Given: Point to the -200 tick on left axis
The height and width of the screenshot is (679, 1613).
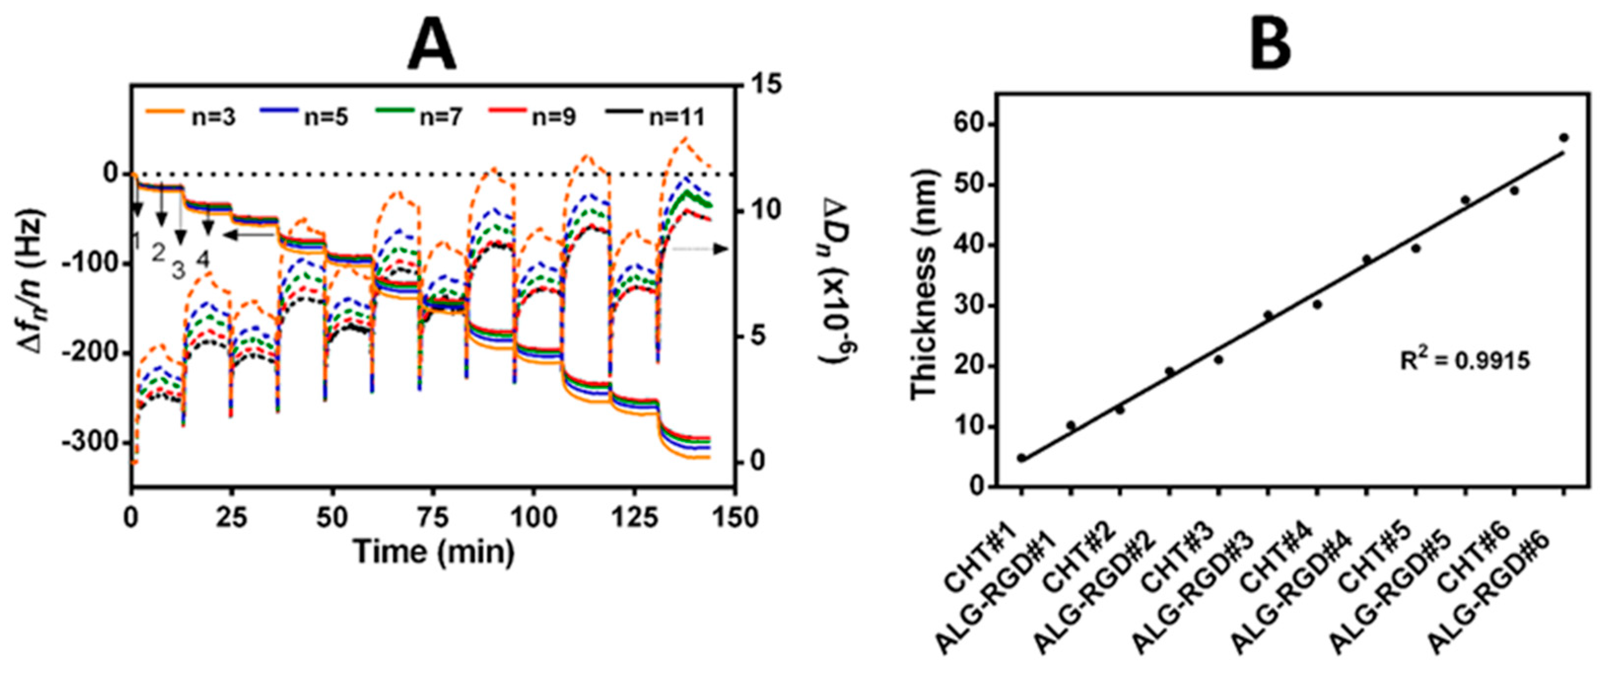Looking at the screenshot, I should tap(90, 353).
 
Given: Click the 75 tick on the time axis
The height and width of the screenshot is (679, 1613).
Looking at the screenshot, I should tap(432, 518).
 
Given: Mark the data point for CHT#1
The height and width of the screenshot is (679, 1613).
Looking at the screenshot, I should tap(1021, 458).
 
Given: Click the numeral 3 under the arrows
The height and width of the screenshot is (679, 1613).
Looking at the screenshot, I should tap(179, 271).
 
